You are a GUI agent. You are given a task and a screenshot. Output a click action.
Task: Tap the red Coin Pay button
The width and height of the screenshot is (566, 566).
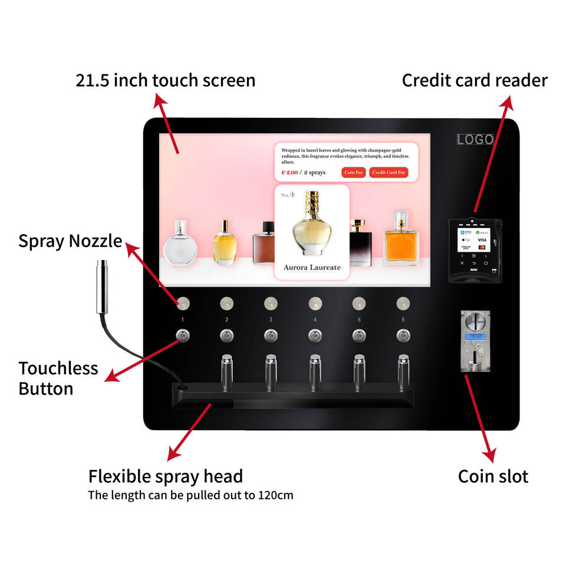pyautogui.click(x=354, y=173)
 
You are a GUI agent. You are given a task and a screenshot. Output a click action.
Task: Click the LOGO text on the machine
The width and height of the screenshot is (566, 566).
pyautogui.click(x=475, y=140)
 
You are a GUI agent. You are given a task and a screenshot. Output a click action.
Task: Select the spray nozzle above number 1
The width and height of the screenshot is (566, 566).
pyautogui.click(x=183, y=304)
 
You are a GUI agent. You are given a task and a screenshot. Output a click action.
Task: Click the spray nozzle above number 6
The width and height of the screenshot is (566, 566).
pyautogui.click(x=403, y=304)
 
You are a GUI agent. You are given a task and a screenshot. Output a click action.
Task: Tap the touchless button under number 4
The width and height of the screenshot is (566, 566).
pyautogui.click(x=315, y=335)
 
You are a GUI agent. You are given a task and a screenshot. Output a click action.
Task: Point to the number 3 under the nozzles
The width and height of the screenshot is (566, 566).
pyautogui.click(x=271, y=320)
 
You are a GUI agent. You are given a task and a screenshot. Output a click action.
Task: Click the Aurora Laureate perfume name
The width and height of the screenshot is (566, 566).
pyautogui.click(x=312, y=268)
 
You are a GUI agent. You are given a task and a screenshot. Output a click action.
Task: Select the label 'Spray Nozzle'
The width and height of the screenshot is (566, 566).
pyautogui.click(x=70, y=241)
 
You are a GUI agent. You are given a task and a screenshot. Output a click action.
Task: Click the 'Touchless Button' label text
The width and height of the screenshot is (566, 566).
pyautogui.click(x=58, y=379)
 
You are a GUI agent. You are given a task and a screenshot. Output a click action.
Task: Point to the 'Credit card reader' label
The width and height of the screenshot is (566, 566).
pyautogui.click(x=475, y=81)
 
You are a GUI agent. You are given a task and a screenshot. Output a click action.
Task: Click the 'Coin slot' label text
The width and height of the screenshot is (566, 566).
pyautogui.click(x=493, y=476)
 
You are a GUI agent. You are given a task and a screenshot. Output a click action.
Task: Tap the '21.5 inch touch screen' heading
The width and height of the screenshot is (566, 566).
pyautogui.click(x=166, y=81)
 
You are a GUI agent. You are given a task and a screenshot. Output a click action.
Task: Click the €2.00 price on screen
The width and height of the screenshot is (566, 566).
pyautogui.click(x=289, y=173)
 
